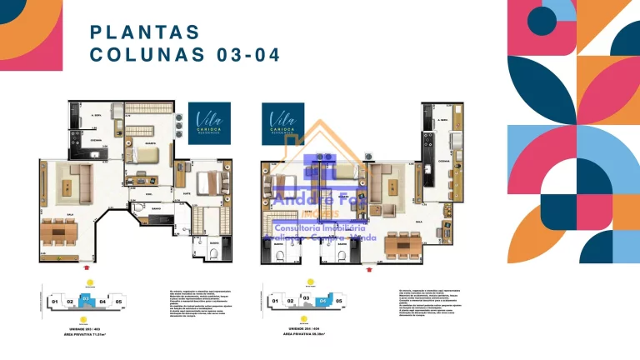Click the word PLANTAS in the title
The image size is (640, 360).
point(145,32)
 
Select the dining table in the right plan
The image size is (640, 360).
point(402,245)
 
